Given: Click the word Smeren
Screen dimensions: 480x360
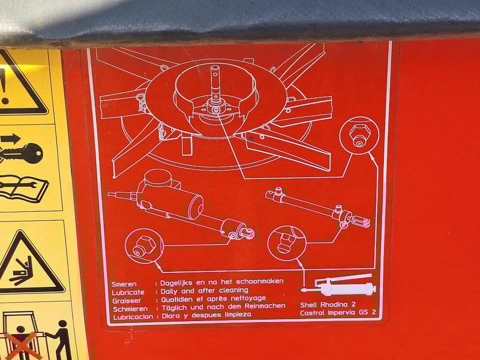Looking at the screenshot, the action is (124, 284).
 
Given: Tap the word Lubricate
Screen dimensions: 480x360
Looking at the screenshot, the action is (128, 292).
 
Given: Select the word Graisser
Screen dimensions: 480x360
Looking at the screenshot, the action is (127, 301).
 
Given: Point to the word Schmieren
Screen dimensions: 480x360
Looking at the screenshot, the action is (130, 309).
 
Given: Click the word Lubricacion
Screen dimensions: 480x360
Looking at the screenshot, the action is (133, 317).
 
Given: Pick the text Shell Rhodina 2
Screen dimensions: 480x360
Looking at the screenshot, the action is (328, 305).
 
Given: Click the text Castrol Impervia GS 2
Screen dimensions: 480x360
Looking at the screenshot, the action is (338, 313).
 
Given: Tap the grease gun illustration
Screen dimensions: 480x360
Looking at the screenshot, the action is (338, 284).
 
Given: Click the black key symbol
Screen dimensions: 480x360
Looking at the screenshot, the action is (21, 154).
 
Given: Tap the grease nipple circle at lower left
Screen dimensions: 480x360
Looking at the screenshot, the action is (144, 245).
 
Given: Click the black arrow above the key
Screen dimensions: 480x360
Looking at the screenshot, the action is (11, 139).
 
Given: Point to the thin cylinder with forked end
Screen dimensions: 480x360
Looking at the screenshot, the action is (319, 208).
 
